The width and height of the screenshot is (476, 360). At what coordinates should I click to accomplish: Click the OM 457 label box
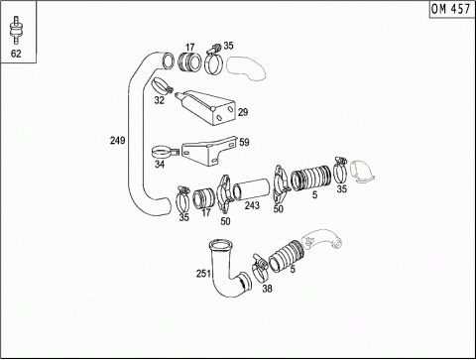(451, 9)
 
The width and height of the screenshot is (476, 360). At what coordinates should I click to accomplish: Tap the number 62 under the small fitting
(16, 54)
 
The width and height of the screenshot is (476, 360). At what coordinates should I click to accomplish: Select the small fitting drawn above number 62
(16, 30)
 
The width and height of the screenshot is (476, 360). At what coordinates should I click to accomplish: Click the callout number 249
(117, 140)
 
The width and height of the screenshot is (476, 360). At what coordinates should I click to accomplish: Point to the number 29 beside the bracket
(243, 112)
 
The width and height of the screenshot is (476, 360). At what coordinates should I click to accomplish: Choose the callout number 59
(244, 142)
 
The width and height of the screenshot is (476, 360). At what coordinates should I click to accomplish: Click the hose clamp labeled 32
(163, 85)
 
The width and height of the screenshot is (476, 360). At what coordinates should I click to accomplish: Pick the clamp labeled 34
(165, 153)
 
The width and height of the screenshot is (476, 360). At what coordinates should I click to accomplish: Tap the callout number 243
(252, 205)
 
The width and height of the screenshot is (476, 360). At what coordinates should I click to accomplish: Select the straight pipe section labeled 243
(251, 189)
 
